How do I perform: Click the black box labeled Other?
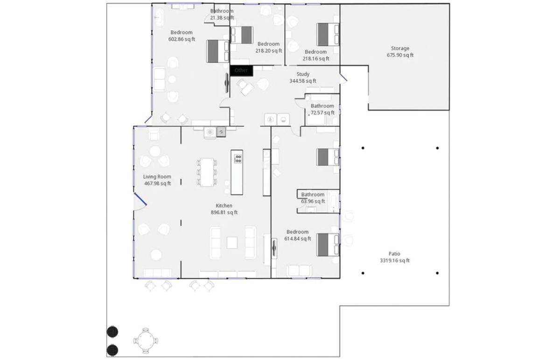(x=241, y=71)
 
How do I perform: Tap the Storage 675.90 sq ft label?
(x=400, y=52)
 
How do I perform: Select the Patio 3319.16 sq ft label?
(x=395, y=257)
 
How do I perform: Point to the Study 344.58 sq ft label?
(x=303, y=78)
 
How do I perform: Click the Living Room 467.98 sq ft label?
(x=157, y=180)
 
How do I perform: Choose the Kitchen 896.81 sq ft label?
(x=224, y=209)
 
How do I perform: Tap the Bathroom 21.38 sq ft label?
(x=222, y=14)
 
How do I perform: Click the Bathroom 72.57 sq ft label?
(x=322, y=109)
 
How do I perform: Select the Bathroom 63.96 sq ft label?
(x=313, y=198)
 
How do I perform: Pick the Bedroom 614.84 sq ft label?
(x=298, y=235)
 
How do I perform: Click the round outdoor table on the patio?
(x=146, y=341)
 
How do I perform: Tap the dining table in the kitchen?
(x=207, y=172)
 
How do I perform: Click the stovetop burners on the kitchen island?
(x=238, y=159)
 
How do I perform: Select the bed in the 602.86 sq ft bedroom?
(x=218, y=51)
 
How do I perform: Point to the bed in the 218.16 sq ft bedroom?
(x=328, y=35)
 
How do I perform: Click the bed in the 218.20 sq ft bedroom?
(x=242, y=35)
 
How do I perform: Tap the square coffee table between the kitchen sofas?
(x=232, y=243)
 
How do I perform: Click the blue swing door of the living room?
(x=140, y=199)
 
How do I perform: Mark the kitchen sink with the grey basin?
(x=221, y=132)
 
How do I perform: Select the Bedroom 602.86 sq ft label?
(x=182, y=36)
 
